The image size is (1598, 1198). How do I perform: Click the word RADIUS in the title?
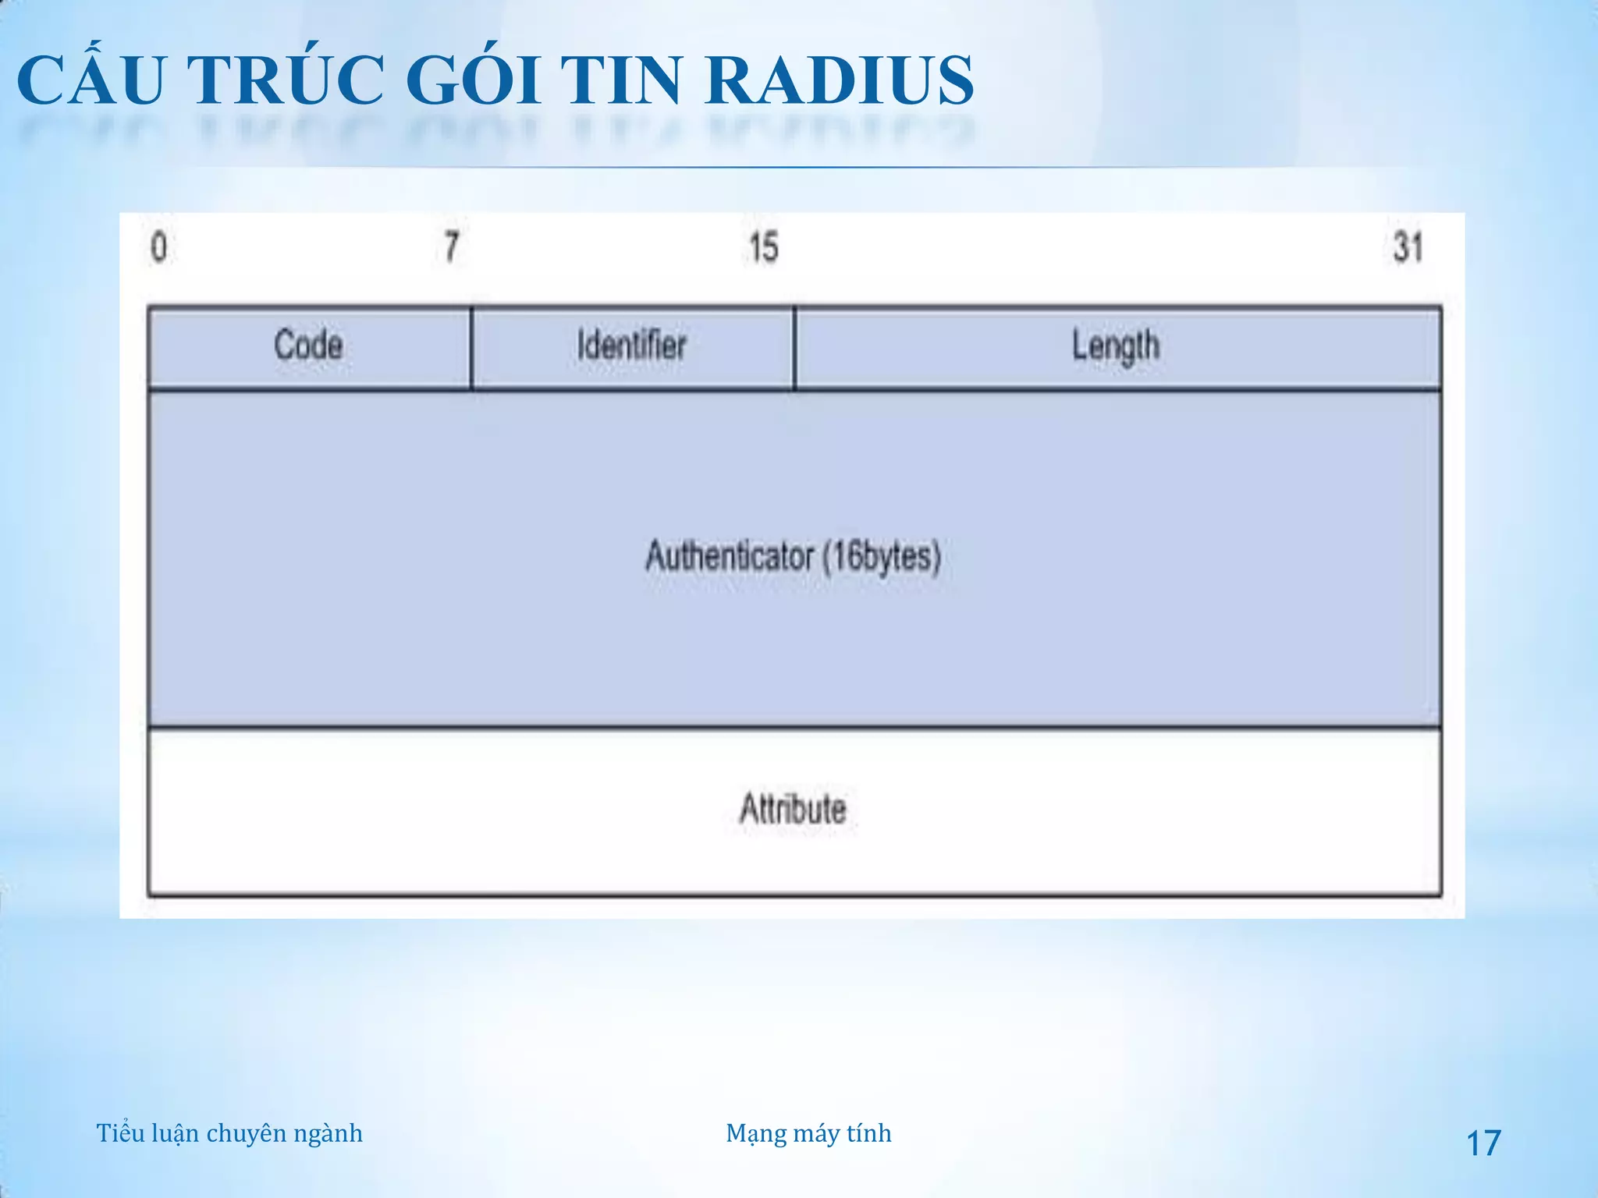[840, 80]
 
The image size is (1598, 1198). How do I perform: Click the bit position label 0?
[158, 248]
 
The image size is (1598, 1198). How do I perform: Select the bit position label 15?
[763, 248]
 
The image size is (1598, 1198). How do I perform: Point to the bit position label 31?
[1408, 248]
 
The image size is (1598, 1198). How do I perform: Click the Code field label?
[308, 346]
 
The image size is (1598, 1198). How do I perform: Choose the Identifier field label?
[632, 346]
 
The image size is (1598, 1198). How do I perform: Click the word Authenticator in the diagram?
[730, 557]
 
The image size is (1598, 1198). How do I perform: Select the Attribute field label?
[793, 809]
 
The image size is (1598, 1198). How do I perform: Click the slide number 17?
[1483, 1143]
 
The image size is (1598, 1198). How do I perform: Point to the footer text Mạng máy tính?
[808, 1133]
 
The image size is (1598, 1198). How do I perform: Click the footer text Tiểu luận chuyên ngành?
[229, 1133]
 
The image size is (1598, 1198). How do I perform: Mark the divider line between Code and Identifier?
[472, 347]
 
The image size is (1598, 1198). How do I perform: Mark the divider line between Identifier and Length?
[794, 347]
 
